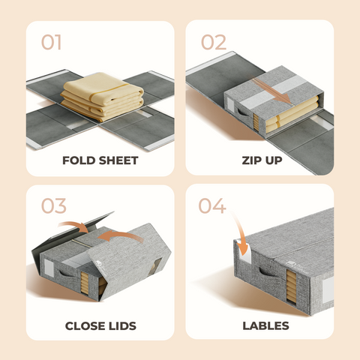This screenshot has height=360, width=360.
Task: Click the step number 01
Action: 51,42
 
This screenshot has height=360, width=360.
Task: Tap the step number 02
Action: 213,42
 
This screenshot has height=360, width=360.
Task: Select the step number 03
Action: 51,205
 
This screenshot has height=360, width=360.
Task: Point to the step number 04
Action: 214,205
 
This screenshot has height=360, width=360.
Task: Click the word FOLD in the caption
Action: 79,160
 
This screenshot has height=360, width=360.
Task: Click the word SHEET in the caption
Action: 117,160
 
